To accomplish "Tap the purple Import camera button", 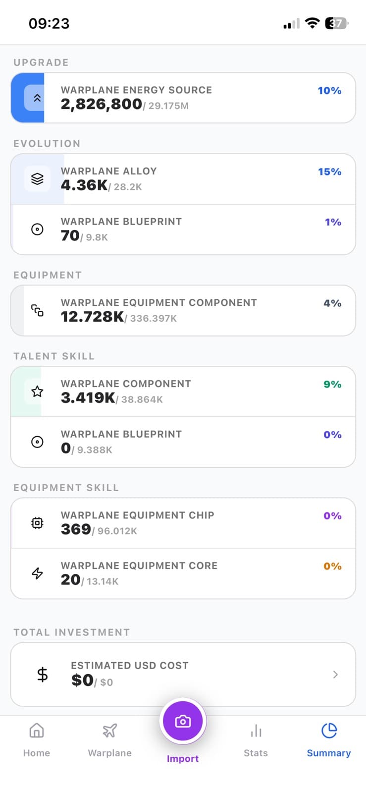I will (x=183, y=721).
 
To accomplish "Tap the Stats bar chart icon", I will (x=256, y=731).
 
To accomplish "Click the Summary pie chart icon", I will (x=329, y=730).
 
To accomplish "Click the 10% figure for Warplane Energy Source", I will (x=329, y=91).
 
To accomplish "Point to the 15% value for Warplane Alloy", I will (x=330, y=172).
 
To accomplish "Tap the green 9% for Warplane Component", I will (x=332, y=385).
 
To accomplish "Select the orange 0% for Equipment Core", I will (x=332, y=566).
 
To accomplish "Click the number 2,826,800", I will (x=102, y=104).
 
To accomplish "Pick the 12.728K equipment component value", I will (x=92, y=317).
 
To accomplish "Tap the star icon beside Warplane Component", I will (x=37, y=392).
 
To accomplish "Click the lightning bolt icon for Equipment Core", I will (x=37, y=573).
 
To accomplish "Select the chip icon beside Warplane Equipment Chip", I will (x=37, y=523).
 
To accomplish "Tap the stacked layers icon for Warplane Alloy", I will (x=37, y=178).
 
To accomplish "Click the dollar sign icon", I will (x=43, y=675).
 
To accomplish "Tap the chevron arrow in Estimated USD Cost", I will (x=335, y=675).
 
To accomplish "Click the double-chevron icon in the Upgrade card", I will (x=37, y=98).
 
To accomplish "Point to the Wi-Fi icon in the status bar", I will (x=313, y=23).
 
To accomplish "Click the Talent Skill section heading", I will (x=54, y=356).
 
